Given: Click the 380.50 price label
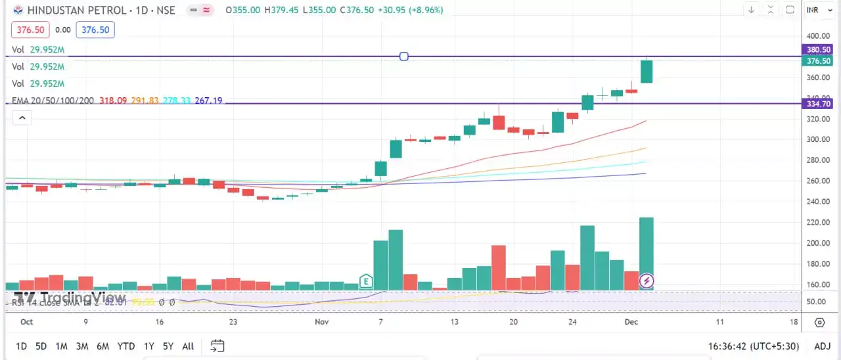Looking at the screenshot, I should coord(819,49).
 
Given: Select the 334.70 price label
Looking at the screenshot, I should coord(819,104).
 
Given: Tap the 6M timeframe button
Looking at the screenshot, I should coord(102,346).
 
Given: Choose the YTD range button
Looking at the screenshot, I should coord(125,346).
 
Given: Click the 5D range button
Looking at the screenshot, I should coord(41,346).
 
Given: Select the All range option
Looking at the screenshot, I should coord(188,346).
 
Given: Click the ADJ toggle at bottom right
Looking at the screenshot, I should coord(822,346).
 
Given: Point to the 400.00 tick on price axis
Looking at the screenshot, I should coord(819,36).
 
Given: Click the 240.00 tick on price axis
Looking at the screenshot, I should coord(819,202).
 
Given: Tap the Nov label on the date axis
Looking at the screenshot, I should coord(321,322).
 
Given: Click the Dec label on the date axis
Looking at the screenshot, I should coord(631,322).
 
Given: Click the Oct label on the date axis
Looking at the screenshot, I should coord(26,322).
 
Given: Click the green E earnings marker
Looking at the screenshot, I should coord(366,282).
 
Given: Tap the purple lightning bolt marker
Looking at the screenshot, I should coord(647,281).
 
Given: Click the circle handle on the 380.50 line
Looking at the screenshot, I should coord(404,56).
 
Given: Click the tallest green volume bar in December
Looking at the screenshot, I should coord(647,250).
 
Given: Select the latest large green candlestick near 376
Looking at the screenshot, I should coord(647,72).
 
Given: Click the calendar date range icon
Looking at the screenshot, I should coord(217,346).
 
